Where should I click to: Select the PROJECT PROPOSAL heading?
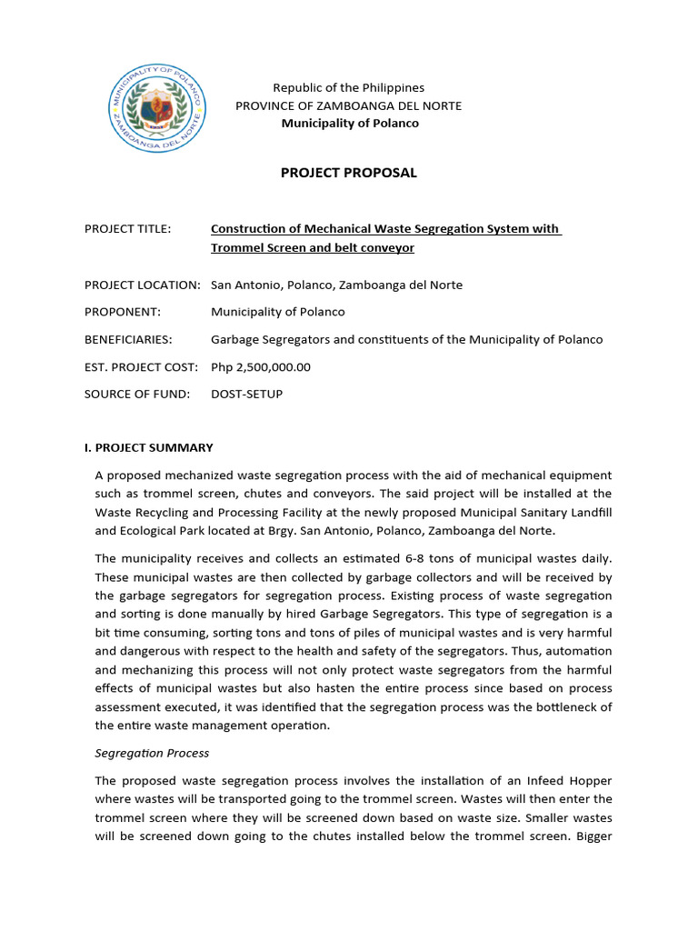pos(349,173)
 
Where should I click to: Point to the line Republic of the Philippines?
pos(349,87)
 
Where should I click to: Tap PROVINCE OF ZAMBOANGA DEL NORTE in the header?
pos(349,105)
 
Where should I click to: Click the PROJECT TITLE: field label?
pos(127,229)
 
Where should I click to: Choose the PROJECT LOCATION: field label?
pos(142,285)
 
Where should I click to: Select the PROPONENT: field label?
pos(123,312)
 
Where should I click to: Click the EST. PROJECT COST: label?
pos(141,366)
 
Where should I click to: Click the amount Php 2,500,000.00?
pos(261,366)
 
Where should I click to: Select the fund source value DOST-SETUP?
pos(247,394)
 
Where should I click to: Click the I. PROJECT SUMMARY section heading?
pos(149,447)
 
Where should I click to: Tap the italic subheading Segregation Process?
pos(153,753)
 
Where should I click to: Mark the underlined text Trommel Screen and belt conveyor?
pos(313,247)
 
